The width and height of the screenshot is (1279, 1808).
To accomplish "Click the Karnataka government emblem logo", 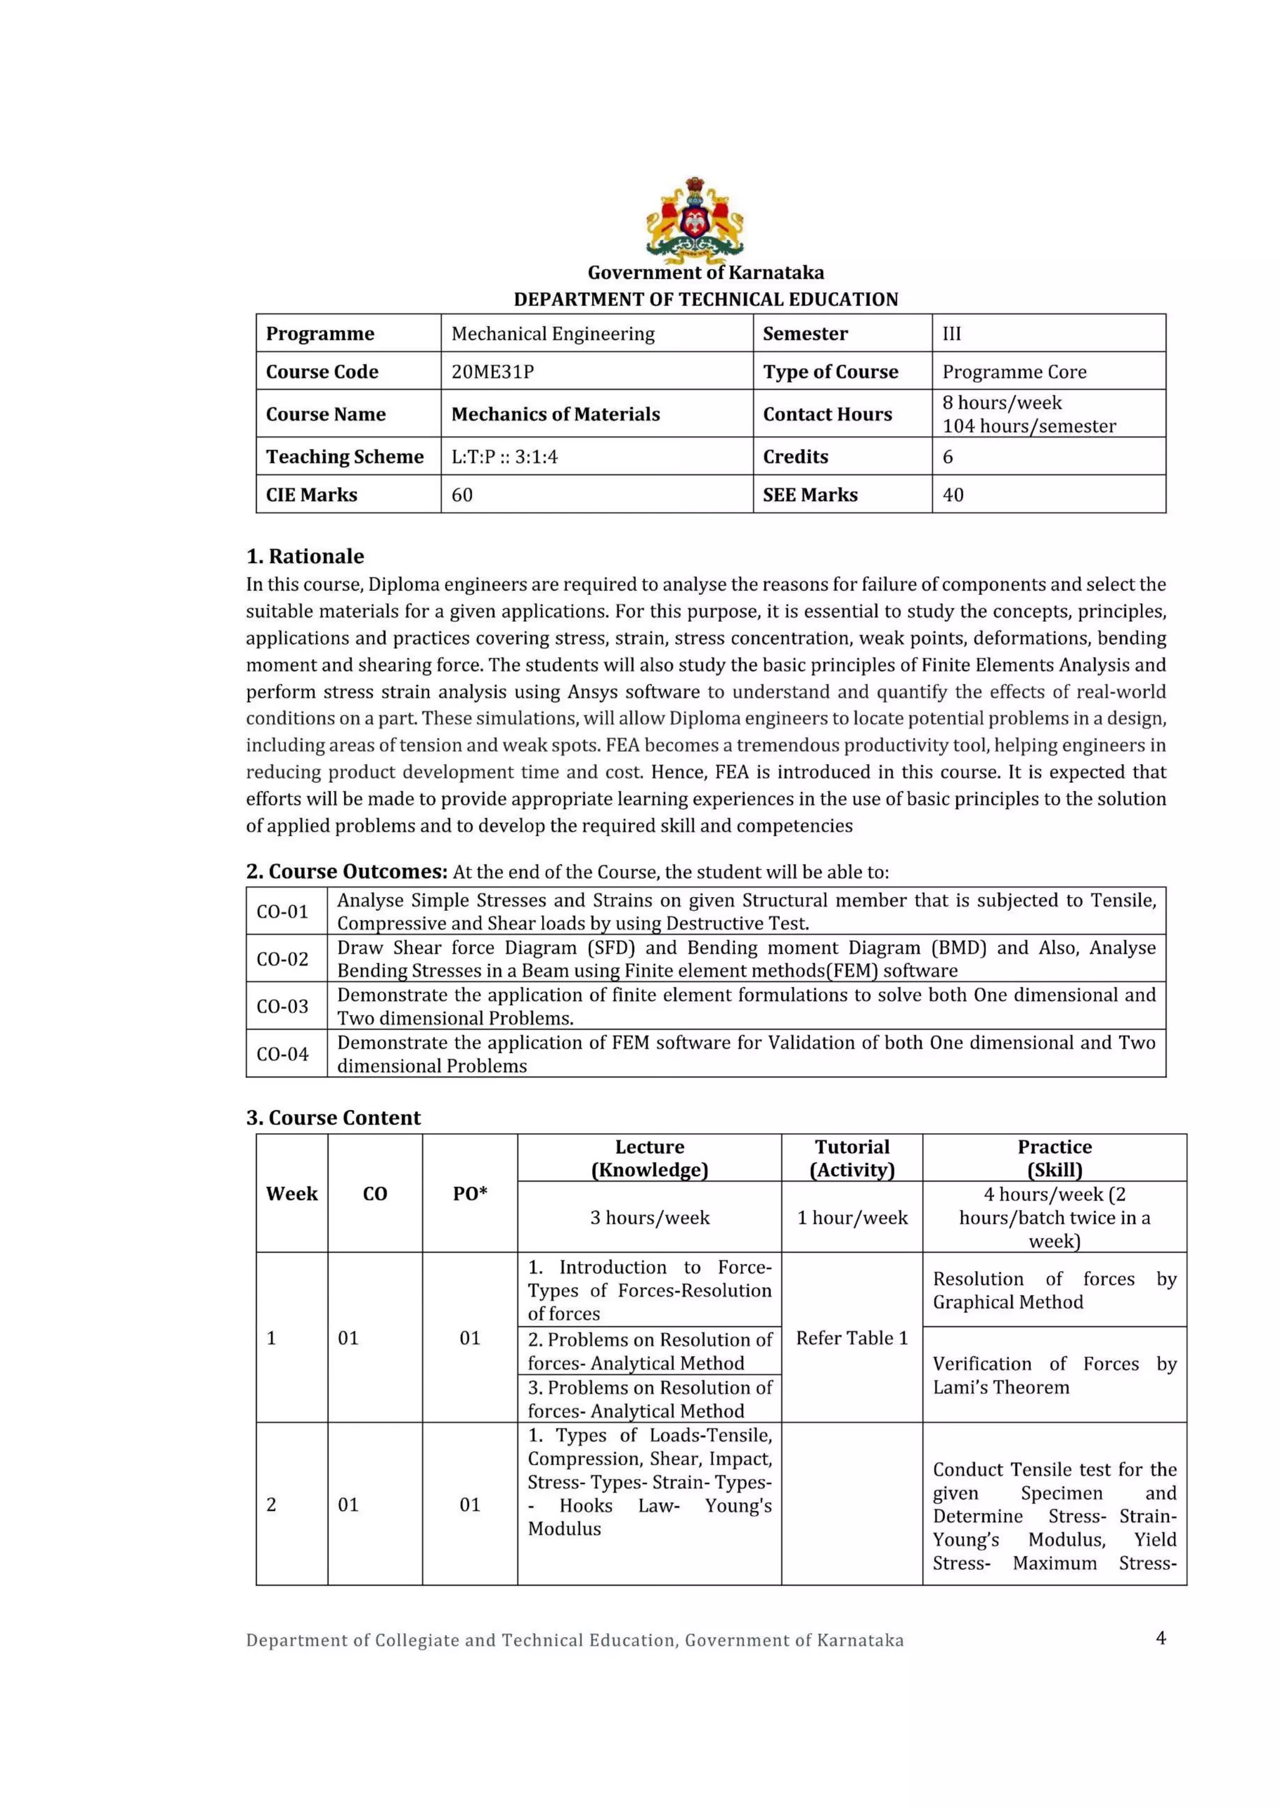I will click(x=694, y=220).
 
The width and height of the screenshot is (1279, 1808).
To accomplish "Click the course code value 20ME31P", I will click(x=492, y=371).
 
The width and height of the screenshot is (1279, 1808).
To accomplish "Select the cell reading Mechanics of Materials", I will click(x=555, y=414).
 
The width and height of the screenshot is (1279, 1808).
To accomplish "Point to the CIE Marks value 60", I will click(x=462, y=494).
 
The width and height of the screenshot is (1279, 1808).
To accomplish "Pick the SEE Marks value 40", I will click(x=953, y=494).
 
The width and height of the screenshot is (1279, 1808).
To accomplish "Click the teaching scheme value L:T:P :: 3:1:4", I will click(x=504, y=457).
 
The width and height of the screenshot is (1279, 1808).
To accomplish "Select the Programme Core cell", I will click(x=1014, y=371).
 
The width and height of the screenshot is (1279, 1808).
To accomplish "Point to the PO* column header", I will click(x=470, y=1193).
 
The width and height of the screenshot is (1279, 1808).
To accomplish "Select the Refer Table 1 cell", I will click(x=851, y=1338).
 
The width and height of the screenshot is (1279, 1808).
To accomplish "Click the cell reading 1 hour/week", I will click(x=851, y=1217).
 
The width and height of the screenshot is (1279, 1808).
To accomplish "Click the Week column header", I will click(x=292, y=1193).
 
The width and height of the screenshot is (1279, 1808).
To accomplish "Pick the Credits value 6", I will click(x=947, y=457).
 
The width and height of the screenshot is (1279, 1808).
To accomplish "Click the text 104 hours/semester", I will click(x=1029, y=426).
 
